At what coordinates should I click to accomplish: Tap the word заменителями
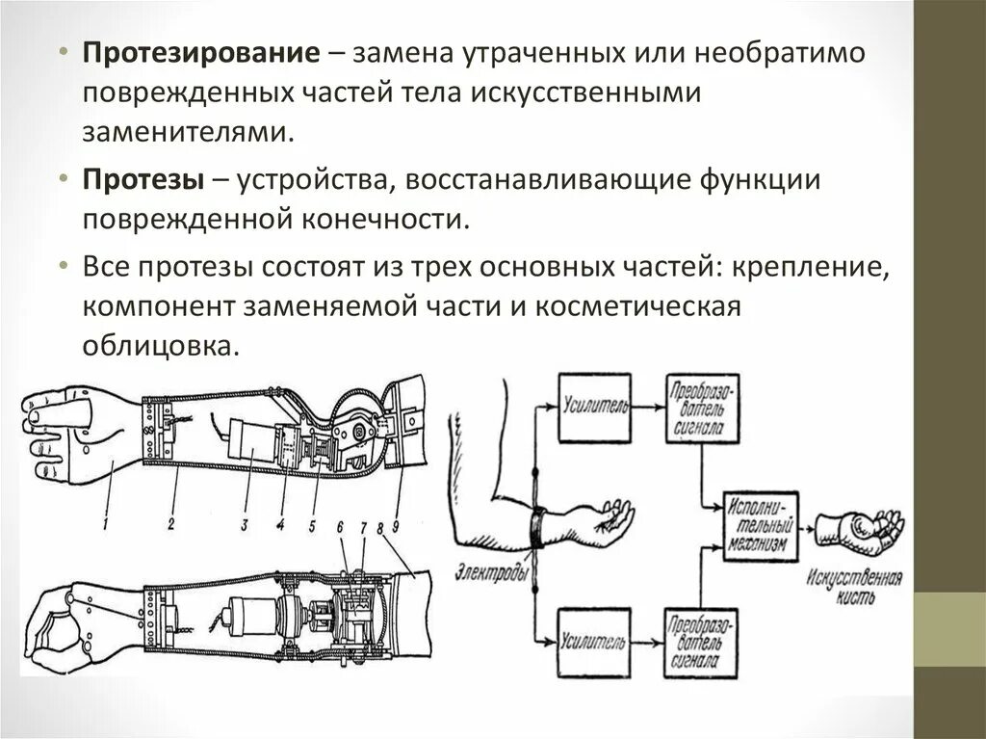pyautogui.click(x=186, y=130)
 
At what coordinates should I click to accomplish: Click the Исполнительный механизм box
pyautogui.click(x=762, y=524)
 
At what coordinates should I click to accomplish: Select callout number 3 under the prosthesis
pyautogui.click(x=245, y=524)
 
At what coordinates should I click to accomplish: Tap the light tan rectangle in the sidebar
pyautogui.click(x=949, y=629)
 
